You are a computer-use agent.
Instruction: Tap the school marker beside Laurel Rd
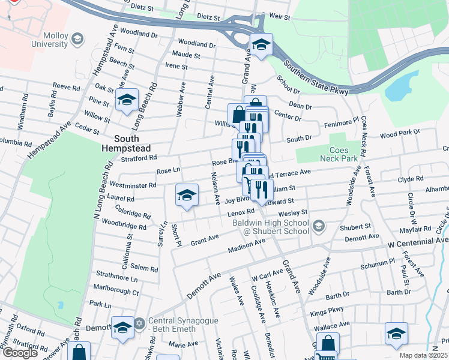(x=187, y=195)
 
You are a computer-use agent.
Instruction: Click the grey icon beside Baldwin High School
(x=319, y=226)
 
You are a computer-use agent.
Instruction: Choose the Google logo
(x=20, y=353)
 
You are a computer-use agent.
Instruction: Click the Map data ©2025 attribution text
(x=424, y=355)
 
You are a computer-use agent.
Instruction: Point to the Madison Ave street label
(x=246, y=246)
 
